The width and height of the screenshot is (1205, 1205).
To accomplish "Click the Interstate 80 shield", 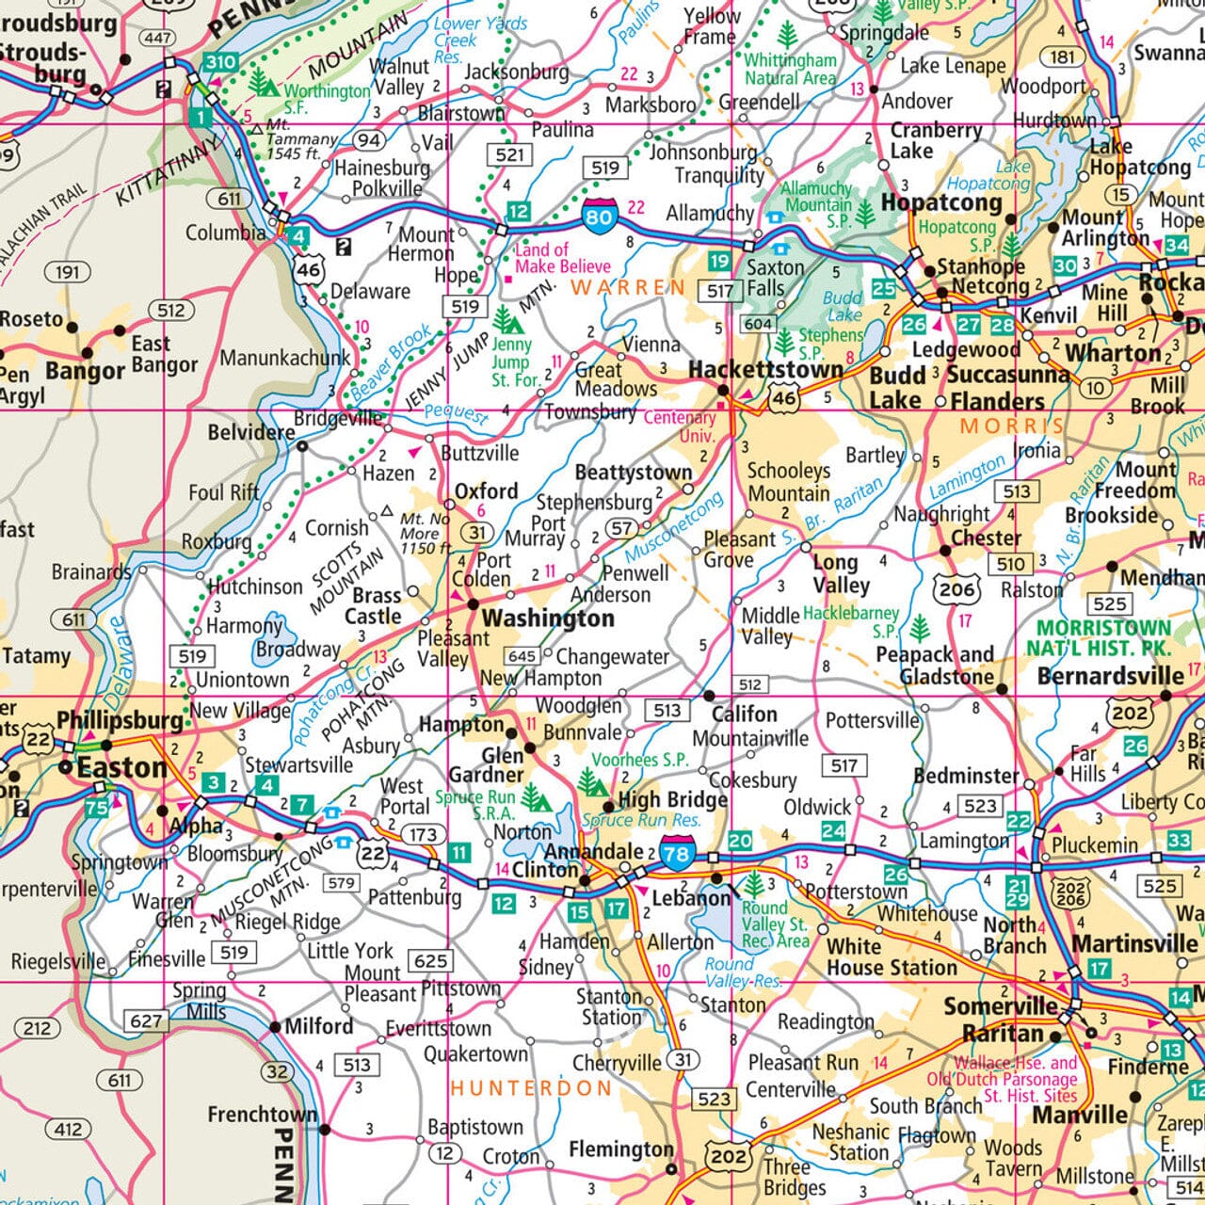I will point(599,217).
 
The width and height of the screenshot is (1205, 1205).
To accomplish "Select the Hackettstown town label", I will point(765,370).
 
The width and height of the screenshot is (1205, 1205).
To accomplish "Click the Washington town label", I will point(548,619).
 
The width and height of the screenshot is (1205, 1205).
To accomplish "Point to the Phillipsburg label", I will point(120,720).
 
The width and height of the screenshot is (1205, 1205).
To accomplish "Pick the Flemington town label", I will point(620,1149).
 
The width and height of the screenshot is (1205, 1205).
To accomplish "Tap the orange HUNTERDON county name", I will point(531,1088).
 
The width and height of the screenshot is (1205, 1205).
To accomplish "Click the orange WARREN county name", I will point(628,286).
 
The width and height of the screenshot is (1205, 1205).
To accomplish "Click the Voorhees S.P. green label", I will point(640,760).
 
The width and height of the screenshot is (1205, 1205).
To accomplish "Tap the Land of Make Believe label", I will point(562,258).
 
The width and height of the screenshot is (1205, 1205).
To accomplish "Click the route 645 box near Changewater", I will point(522,656).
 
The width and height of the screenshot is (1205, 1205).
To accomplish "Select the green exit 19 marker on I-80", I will point(719,261).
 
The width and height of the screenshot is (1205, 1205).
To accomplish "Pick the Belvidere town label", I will point(250,432).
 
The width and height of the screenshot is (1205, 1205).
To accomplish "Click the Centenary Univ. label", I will point(680,426).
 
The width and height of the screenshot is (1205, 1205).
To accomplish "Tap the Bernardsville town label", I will point(1111,676).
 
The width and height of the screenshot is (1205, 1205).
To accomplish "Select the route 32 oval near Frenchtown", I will point(277,1071).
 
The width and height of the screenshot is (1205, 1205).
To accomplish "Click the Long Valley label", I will point(841,573).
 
